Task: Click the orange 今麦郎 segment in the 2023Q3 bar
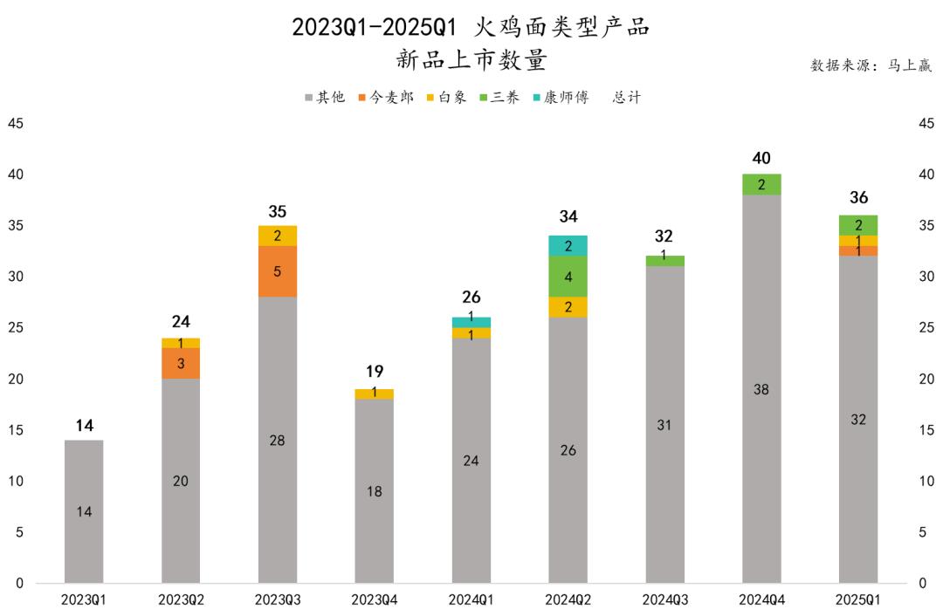tap(278, 271)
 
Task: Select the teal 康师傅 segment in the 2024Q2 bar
tap(568, 246)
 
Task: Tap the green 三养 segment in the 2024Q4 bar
tap(761, 184)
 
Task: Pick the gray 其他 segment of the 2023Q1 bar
tap(84, 511)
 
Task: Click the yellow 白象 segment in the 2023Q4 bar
tap(374, 394)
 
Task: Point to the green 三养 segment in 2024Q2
tap(568, 277)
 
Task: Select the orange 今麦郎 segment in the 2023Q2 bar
tap(181, 363)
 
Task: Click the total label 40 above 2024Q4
tap(761, 158)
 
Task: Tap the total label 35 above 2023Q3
tap(278, 211)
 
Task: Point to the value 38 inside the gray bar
tap(761, 390)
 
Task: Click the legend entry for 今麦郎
tap(385, 98)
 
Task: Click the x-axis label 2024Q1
tap(471, 600)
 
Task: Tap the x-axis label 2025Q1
tap(858, 600)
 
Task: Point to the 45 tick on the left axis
tap(16, 124)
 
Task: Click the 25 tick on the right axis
tap(927, 328)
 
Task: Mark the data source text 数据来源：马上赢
tap(871, 65)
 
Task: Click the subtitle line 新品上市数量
tap(471, 59)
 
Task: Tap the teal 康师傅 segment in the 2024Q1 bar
tap(471, 322)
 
